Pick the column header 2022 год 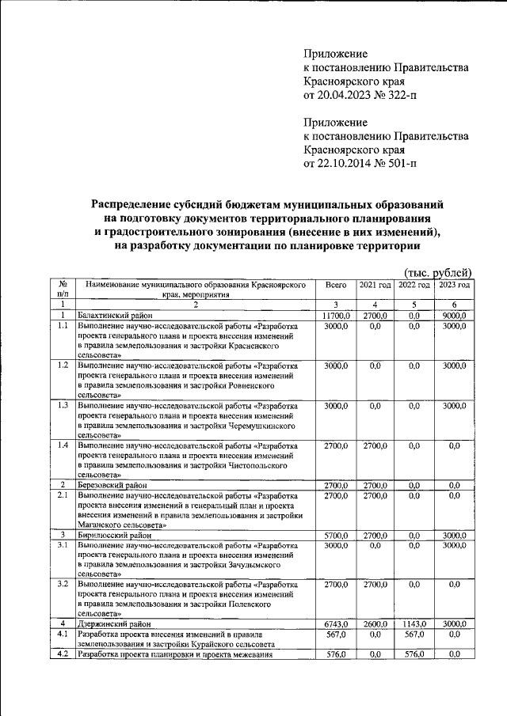tap(414, 285)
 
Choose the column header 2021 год tap(375, 285)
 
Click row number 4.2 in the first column tap(62, 654)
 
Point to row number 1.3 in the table tap(62, 406)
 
